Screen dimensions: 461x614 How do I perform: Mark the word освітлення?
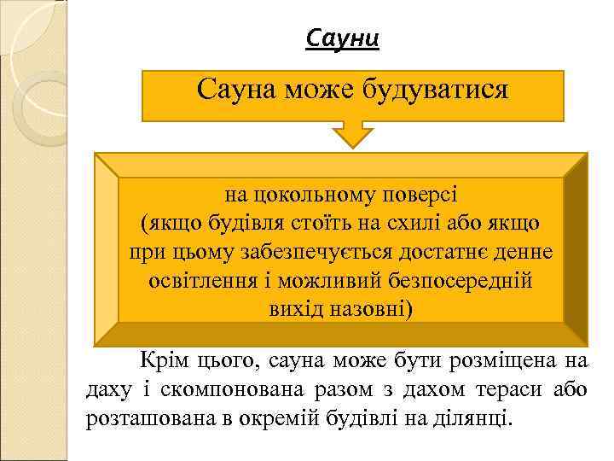click(x=204, y=281)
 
